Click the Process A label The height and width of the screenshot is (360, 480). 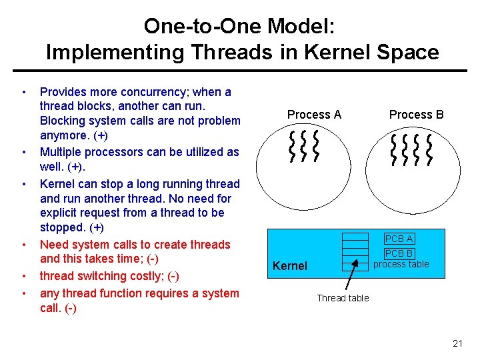click(x=314, y=115)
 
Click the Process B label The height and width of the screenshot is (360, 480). click(x=416, y=115)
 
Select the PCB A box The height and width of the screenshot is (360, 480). click(x=399, y=239)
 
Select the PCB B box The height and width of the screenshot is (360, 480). click(x=399, y=253)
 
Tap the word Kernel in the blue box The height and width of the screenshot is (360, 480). click(x=290, y=266)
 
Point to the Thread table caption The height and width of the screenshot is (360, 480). click(x=343, y=298)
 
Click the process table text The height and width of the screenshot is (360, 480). click(x=401, y=264)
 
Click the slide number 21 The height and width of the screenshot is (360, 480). click(x=457, y=343)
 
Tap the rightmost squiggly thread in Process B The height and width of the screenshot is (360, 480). click(x=429, y=149)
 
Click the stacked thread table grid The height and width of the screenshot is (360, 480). click(x=355, y=251)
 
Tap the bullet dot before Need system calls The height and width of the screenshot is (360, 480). click(x=23, y=245)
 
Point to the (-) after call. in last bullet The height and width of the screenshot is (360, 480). click(x=67, y=308)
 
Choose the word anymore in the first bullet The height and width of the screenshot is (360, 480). click(x=64, y=135)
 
